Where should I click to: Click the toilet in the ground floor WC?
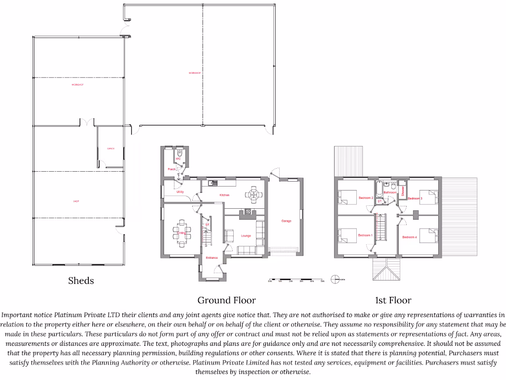coord(179,154)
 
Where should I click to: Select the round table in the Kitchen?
coord(253,195)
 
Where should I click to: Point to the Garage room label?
coord(286,221)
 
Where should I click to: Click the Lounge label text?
coord(246,236)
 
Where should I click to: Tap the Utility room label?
coord(180,192)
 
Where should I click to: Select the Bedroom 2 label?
coord(366,198)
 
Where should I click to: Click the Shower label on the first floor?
coord(403,191)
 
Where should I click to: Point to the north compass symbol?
coord(336,280)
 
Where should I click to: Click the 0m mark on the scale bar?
coord(270,281)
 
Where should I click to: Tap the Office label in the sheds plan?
coord(111,148)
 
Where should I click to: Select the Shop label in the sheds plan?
coord(76,201)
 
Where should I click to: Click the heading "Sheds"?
coord(81,281)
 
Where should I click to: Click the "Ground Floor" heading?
coord(227,300)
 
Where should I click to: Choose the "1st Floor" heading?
coord(393,300)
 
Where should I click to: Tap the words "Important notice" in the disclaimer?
coord(27,315)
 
